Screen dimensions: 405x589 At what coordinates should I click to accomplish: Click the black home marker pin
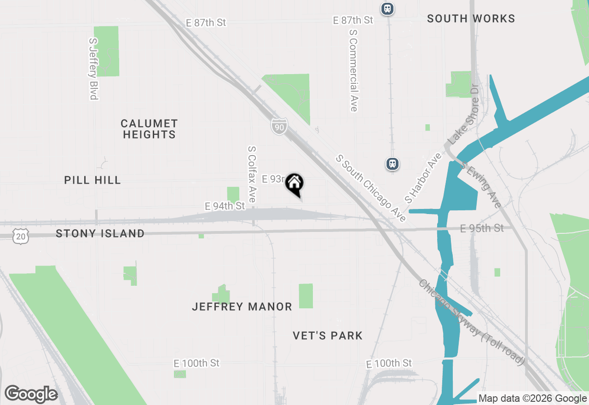(294, 184)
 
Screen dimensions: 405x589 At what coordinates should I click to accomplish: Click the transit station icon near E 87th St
(387, 8)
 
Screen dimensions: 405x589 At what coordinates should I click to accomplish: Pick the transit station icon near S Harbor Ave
(392, 163)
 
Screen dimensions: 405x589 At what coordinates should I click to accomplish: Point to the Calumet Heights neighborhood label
(149, 129)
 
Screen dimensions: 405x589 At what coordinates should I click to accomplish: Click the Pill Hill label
(92, 180)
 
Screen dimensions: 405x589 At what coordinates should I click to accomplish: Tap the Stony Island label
(100, 233)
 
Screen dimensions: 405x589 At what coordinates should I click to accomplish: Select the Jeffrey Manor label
(242, 307)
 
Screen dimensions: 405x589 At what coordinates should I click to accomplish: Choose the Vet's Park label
(328, 336)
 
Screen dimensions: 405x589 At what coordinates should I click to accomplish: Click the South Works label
(471, 18)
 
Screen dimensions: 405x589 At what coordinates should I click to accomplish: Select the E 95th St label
(482, 228)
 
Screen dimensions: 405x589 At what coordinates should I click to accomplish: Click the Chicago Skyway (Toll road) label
(472, 323)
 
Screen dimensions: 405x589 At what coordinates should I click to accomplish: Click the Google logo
(31, 394)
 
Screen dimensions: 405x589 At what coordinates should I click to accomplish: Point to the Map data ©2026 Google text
(532, 399)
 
